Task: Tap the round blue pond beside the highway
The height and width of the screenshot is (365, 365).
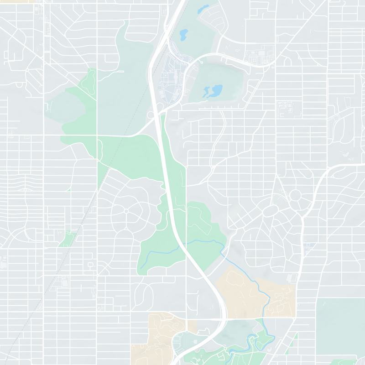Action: point(183,33)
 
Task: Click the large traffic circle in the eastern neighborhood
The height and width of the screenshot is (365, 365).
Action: point(295,195)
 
